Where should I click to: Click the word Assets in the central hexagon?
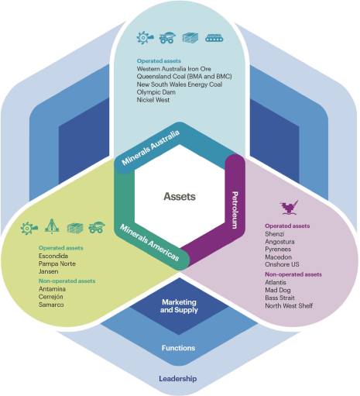coord(180,197)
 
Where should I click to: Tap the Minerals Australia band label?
coord(151,148)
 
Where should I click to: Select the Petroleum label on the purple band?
coord(235,210)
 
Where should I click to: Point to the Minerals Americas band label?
coord(149,243)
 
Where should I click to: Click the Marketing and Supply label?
coord(179,306)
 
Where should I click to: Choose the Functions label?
coord(178,348)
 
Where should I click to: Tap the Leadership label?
coord(178,379)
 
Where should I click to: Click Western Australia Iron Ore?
coord(174,69)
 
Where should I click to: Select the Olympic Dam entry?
coord(156,92)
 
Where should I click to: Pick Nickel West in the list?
coord(153,100)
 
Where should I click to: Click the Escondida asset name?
coord(53,256)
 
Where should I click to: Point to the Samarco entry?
coord(51,305)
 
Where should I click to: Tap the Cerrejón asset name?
coord(51,297)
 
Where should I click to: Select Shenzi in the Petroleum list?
coord(275,234)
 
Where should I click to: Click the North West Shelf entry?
coord(289,306)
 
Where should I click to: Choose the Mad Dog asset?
coord(278,290)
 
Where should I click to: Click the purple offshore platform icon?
coord(289,208)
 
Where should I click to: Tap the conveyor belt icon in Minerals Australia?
coord(214,38)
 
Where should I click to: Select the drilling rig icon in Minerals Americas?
coord(52,226)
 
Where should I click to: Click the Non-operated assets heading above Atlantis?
coord(293,274)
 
